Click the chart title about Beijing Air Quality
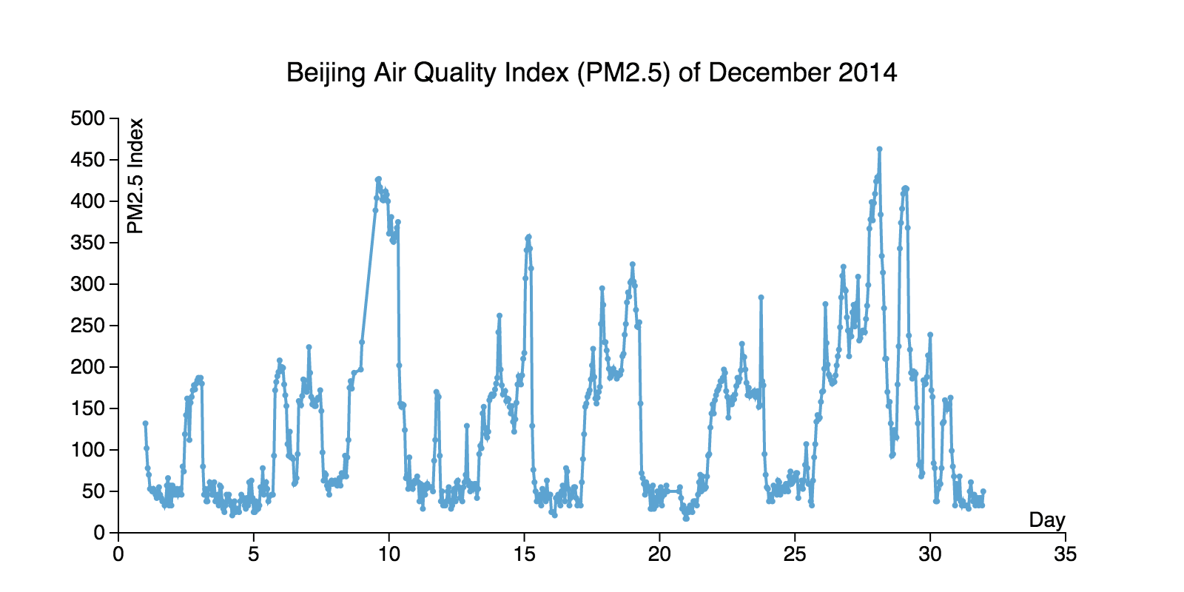coord(591,73)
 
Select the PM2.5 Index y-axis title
coord(135,176)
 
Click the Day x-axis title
coord(1046,519)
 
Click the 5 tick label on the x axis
coord(254,554)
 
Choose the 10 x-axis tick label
coord(388,554)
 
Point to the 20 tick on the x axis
coord(659,554)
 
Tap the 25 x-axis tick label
coord(795,554)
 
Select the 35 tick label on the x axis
coord(1066,554)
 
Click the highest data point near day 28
coord(879,149)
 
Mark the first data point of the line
coord(146,423)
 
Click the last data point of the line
coord(983,491)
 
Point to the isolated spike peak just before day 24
coord(761,297)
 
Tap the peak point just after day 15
coord(528,237)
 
